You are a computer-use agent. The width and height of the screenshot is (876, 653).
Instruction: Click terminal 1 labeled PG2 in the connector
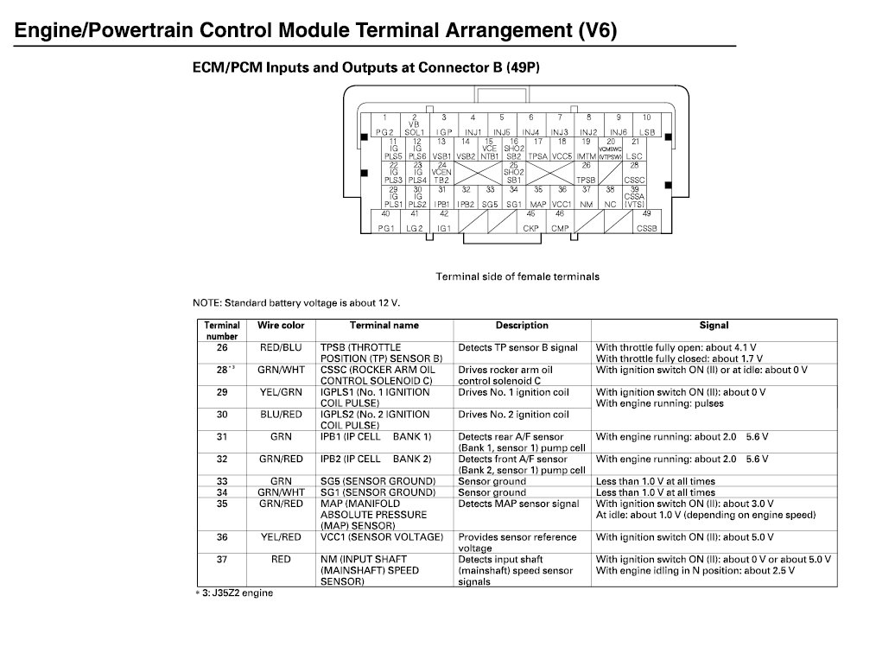click(384, 124)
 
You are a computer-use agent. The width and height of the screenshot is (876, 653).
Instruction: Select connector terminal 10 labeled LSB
click(646, 124)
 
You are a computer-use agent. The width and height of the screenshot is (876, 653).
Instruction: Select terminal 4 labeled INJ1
click(473, 124)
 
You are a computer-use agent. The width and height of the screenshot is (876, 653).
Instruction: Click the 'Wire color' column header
click(281, 326)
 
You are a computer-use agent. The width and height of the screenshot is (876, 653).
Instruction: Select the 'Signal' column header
click(714, 326)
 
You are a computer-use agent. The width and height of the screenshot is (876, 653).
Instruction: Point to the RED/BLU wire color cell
click(281, 347)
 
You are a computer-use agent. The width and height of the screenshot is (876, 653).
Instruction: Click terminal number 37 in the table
click(222, 560)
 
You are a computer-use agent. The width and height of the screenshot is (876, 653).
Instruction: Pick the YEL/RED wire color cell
click(281, 537)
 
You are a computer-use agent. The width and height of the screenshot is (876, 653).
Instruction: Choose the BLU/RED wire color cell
click(281, 415)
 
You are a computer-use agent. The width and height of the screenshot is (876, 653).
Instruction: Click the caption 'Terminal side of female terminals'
click(517, 276)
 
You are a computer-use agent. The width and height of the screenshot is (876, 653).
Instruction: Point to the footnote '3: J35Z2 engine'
click(232, 593)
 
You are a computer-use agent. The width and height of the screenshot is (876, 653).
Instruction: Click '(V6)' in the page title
click(597, 32)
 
